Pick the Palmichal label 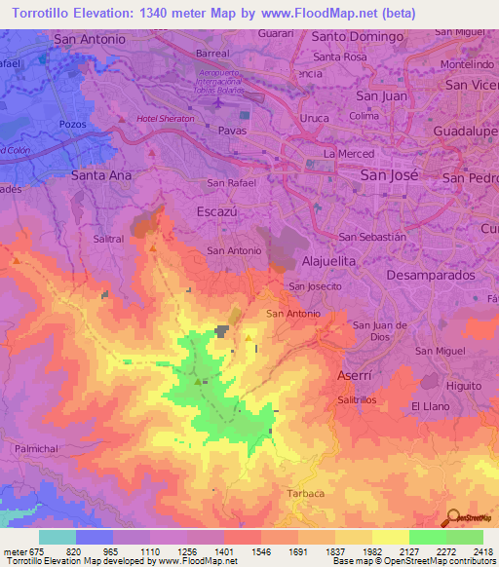pos(40,448)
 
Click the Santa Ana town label pos(101,175)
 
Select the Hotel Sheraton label pos(166,120)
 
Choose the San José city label pos(389,175)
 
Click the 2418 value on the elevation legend pos(481,550)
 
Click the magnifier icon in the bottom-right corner pos(453,515)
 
